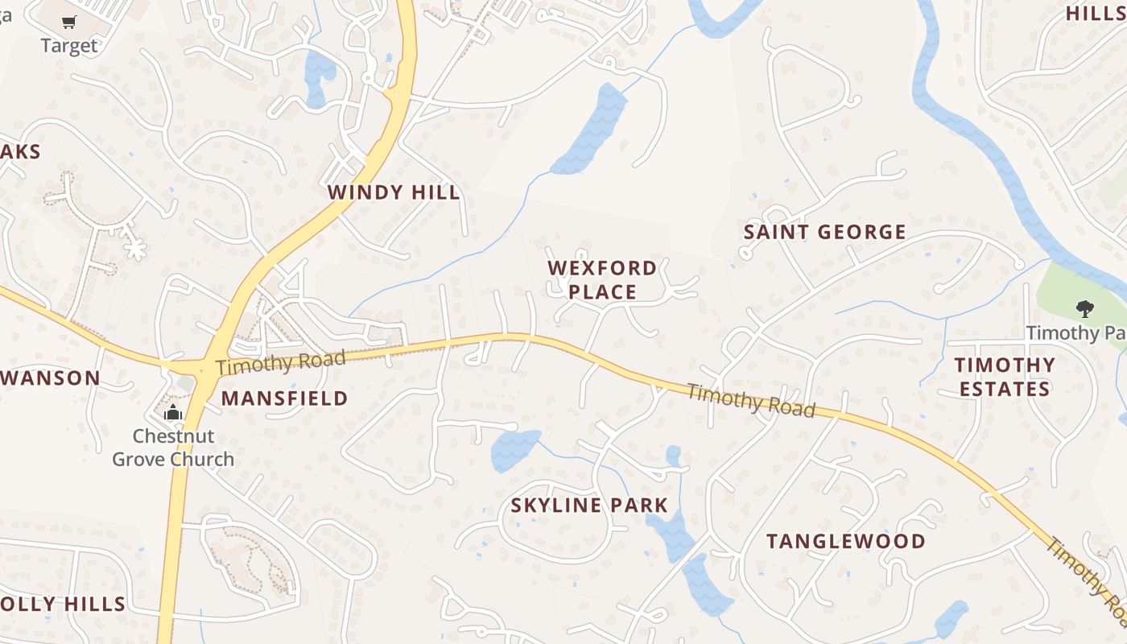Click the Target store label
click(68, 46)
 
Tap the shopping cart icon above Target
click(68, 23)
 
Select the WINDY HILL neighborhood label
click(394, 192)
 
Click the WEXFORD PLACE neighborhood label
click(602, 279)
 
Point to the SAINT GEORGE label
click(824, 233)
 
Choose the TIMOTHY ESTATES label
click(1004, 377)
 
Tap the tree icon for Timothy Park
click(1084, 308)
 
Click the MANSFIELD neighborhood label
click(284, 398)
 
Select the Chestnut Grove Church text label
click(173, 448)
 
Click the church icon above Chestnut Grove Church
click(173, 413)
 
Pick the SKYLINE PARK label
click(589, 506)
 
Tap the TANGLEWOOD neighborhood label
click(845, 541)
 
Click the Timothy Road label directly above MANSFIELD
click(280, 362)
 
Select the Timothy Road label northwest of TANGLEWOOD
click(751, 400)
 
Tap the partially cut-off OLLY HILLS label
click(63, 604)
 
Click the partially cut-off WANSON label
click(50, 378)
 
